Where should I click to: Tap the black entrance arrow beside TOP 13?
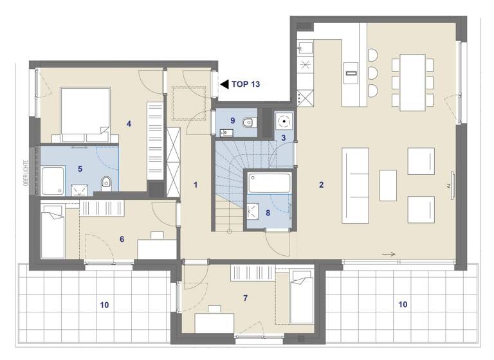click(x=224, y=84)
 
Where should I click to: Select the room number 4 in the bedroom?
click(x=129, y=123)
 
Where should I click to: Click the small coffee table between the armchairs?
click(x=388, y=185)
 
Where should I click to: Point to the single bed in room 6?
click(x=51, y=230)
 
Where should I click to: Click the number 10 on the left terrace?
click(x=105, y=305)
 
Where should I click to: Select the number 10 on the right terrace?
click(x=402, y=305)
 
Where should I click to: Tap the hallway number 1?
click(x=196, y=185)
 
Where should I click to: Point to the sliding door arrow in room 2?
click(x=388, y=255)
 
